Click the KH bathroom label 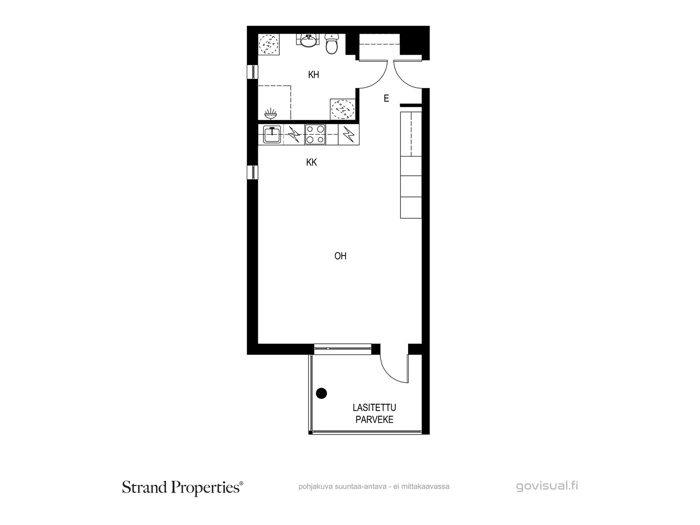click(314, 74)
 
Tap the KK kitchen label click(311, 162)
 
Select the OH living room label click(340, 256)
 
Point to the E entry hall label click(386, 98)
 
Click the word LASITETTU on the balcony click(374, 407)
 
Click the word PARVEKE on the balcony click(374, 420)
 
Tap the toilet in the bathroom click(332, 44)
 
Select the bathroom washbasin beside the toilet click(309, 41)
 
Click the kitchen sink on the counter click(272, 134)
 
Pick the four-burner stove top click(315, 134)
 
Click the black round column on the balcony click(322, 393)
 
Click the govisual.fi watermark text click(547, 486)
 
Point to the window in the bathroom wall click(252, 71)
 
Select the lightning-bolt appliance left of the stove click(294, 134)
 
